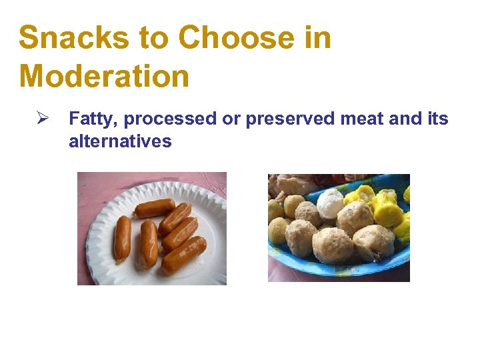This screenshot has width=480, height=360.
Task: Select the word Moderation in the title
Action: (x=104, y=75)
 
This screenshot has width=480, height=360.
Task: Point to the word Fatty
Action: (x=93, y=119)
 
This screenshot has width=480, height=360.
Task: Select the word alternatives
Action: (x=120, y=141)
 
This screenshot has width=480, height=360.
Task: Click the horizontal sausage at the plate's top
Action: (x=154, y=208)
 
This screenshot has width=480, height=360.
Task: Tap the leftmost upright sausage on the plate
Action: (x=122, y=237)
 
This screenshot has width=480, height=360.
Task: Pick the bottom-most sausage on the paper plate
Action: (x=184, y=255)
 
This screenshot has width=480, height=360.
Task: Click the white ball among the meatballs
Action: (x=329, y=202)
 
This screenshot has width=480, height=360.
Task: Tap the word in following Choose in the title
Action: (x=316, y=38)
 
